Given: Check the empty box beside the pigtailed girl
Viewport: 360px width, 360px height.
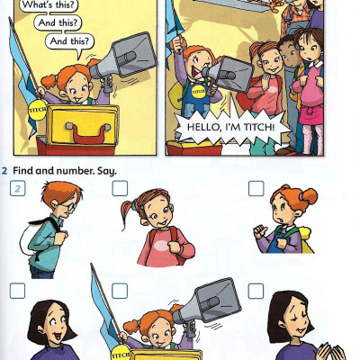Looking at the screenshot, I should [120, 188].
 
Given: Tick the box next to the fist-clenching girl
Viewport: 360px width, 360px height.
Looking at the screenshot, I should [256, 188].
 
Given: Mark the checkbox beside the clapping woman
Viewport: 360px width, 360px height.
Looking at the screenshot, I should [256, 291].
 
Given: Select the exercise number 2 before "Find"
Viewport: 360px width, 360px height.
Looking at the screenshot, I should [5, 170].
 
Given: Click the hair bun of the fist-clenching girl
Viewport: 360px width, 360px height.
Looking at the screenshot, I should [308, 195].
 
